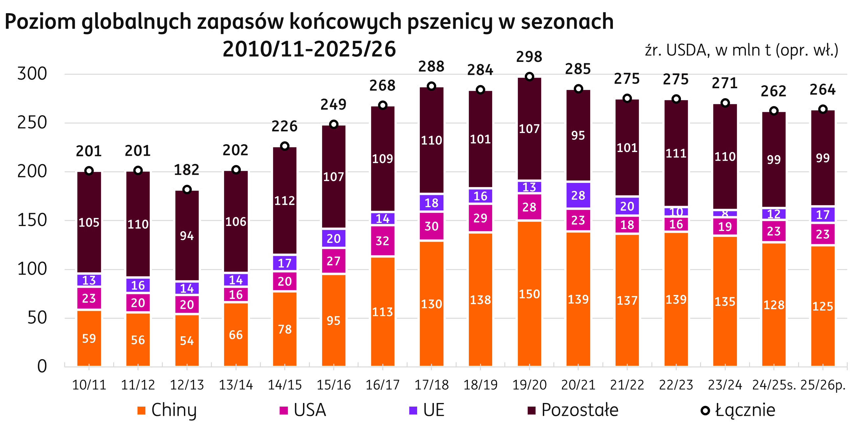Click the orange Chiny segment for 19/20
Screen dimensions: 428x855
pos(529,294)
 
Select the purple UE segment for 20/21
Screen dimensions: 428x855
pos(578,195)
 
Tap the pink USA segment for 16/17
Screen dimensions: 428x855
pos(382,241)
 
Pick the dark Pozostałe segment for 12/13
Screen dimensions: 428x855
pos(187,236)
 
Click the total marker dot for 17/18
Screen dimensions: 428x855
pos(431,86)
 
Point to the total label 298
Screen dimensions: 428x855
pos(529,57)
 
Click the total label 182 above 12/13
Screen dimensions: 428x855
pos(187,170)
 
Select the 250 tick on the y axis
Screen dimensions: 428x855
pos(32,123)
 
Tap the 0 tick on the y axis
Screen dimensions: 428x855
pos(42,366)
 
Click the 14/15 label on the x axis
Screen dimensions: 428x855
pos(285,385)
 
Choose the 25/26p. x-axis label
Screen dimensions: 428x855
pos(823,385)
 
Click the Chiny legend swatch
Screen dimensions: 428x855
pos(141,411)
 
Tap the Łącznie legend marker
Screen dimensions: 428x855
pos(705,411)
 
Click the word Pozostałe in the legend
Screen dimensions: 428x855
pos(580,410)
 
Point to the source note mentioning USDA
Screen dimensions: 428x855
pos(742,50)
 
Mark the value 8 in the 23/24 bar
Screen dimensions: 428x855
pos(725,213)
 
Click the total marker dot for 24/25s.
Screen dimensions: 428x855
pos(774,111)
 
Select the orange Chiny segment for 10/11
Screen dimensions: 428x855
pos(89,338)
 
